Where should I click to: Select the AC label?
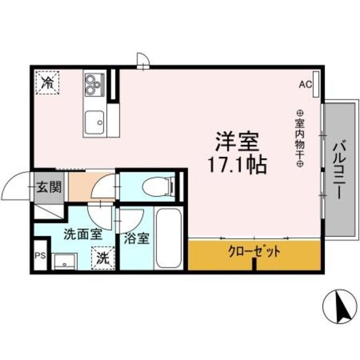[x=305, y=85]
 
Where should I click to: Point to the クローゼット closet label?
[x=254, y=251]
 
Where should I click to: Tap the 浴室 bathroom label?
[x=137, y=238]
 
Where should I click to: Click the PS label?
[x=40, y=255]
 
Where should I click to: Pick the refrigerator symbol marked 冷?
[x=48, y=83]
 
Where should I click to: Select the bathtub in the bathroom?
[x=168, y=238]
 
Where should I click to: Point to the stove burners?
[x=93, y=84]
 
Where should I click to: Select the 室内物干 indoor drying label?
[x=299, y=138]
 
